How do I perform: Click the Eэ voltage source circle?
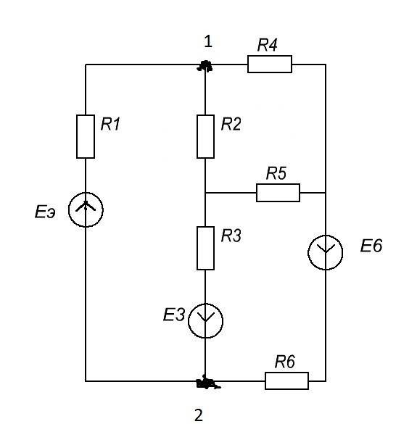point(69,210)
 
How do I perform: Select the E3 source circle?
point(189,320)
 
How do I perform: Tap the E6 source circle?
point(308,252)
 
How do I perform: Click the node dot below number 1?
point(205,66)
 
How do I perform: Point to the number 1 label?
point(208,42)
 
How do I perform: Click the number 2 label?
point(199,415)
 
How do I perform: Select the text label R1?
point(110,125)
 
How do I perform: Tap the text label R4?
point(268,45)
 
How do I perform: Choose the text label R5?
point(276,173)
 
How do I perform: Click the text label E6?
point(371,246)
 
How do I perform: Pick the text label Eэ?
point(45,212)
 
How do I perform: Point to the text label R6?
point(285,362)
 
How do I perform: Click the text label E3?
point(174,315)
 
